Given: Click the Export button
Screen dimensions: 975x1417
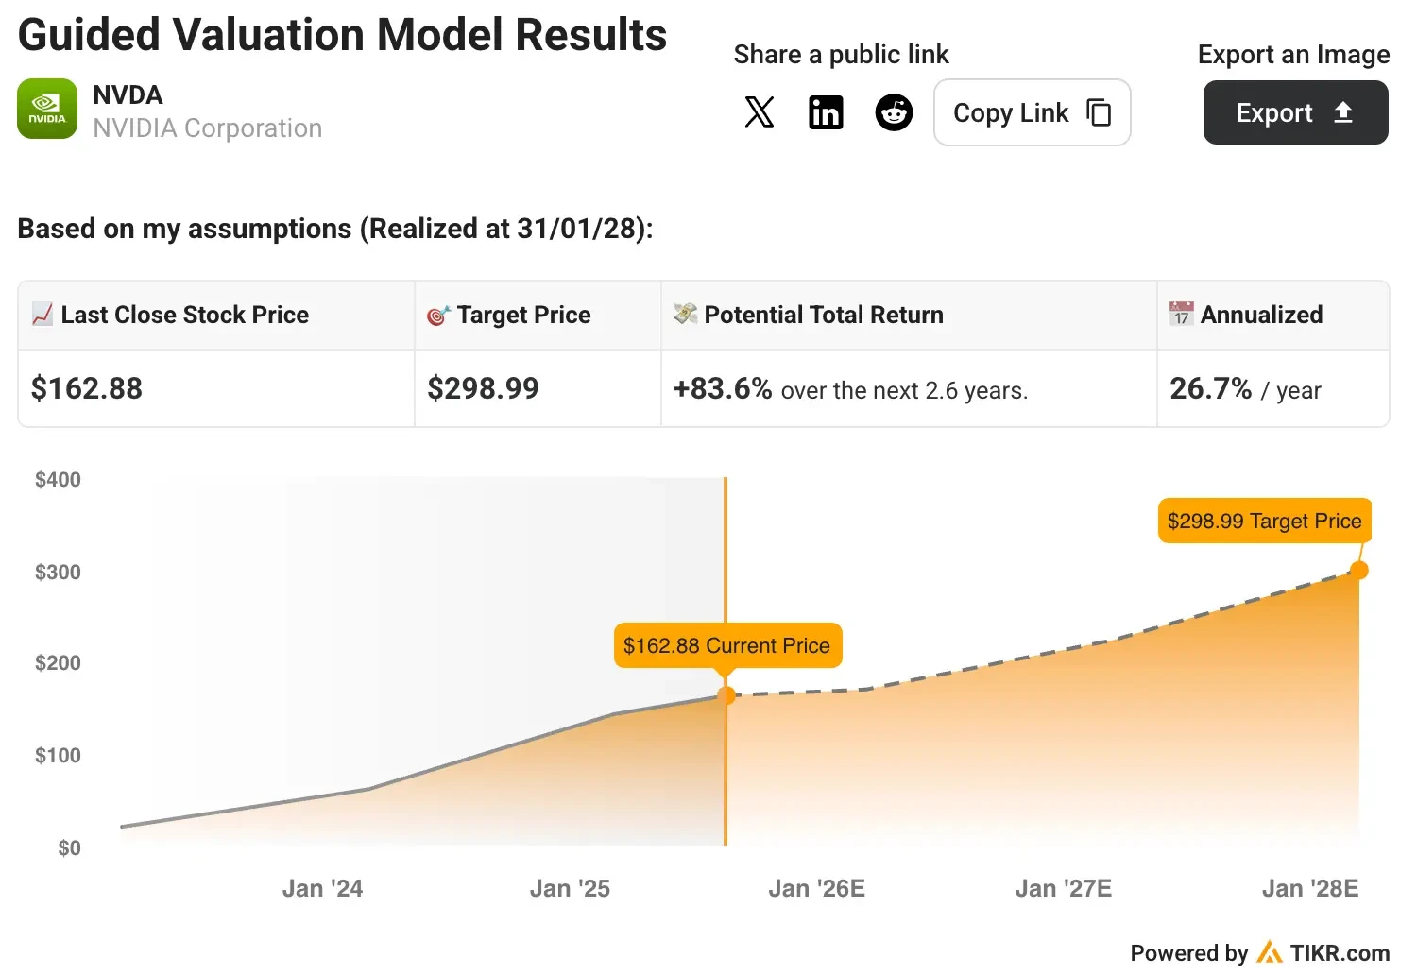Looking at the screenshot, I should pyautogui.click(x=1295, y=112).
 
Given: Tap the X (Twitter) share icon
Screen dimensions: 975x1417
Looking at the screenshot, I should pyautogui.click(x=760, y=112).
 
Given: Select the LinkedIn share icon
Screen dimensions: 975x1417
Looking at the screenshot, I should pyautogui.click(x=826, y=112).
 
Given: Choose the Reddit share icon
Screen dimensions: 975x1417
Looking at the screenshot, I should pyautogui.click(x=894, y=112).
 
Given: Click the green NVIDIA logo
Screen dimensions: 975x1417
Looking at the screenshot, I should pyautogui.click(x=47, y=109).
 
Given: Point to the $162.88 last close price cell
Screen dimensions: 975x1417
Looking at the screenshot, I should pyautogui.click(x=87, y=388).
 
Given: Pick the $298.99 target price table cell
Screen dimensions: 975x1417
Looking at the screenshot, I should pyautogui.click(x=483, y=388).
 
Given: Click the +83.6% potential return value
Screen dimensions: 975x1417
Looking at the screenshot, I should pyautogui.click(x=723, y=388).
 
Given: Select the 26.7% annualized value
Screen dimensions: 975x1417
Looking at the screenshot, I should pyautogui.click(x=1210, y=388).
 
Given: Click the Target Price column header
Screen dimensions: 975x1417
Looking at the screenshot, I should pyautogui.click(x=523, y=315).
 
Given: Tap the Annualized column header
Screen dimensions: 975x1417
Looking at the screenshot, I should pyautogui.click(x=1261, y=315).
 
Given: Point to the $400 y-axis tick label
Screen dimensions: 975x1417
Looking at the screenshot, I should pyautogui.click(x=58, y=480).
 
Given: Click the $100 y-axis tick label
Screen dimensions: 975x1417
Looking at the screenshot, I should pyautogui.click(x=58, y=756).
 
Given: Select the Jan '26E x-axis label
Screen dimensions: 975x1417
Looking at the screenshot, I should pyautogui.click(x=816, y=889).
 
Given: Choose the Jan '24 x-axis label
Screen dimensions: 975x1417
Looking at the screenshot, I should pyautogui.click(x=322, y=889).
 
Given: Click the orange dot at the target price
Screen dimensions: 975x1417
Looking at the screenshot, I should pyautogui.click(x=1358, y=570).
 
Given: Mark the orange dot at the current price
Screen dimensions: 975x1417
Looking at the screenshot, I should pyautogui.click(x=726, y=695).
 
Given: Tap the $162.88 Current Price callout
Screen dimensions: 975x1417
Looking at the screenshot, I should pyautogui.click(x=726, y=645).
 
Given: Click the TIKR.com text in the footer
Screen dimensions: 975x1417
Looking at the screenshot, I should pyautogui.click(x=1340, y=953).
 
